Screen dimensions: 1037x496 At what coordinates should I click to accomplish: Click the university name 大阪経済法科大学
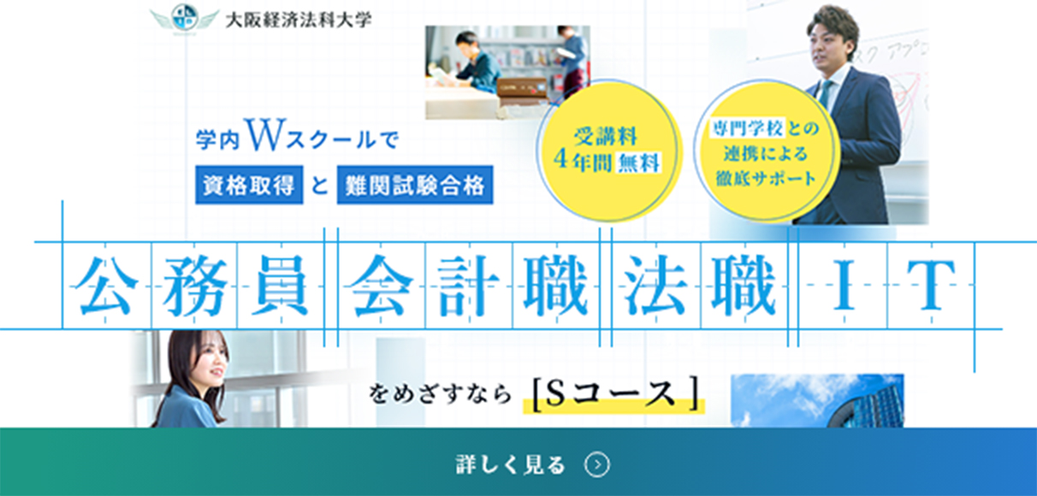(x=299, y=20)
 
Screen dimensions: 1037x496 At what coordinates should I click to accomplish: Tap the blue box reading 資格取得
(x=249, y=185)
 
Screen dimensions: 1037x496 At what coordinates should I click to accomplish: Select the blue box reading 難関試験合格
(x=415, y=185)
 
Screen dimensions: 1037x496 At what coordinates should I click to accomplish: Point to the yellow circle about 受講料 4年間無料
(x=607, y=150)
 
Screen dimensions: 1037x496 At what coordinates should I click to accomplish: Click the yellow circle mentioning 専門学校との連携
(x=766, y=150)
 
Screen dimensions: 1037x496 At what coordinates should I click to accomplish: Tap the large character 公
(x=106, y=285)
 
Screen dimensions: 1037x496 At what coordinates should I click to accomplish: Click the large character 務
(x=194, y=285)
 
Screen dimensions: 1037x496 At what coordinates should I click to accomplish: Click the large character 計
(x=469, y=285)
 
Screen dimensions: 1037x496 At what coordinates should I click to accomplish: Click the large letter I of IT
(x=844, y=285)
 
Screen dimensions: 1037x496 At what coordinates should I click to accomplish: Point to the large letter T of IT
(x=932, y=285)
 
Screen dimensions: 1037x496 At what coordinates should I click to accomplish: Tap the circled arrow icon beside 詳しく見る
(x=598, y=464)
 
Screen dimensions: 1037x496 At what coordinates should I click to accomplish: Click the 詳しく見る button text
(x=511, y=464)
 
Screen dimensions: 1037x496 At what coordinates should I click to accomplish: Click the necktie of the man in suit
(x=826, y=94)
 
